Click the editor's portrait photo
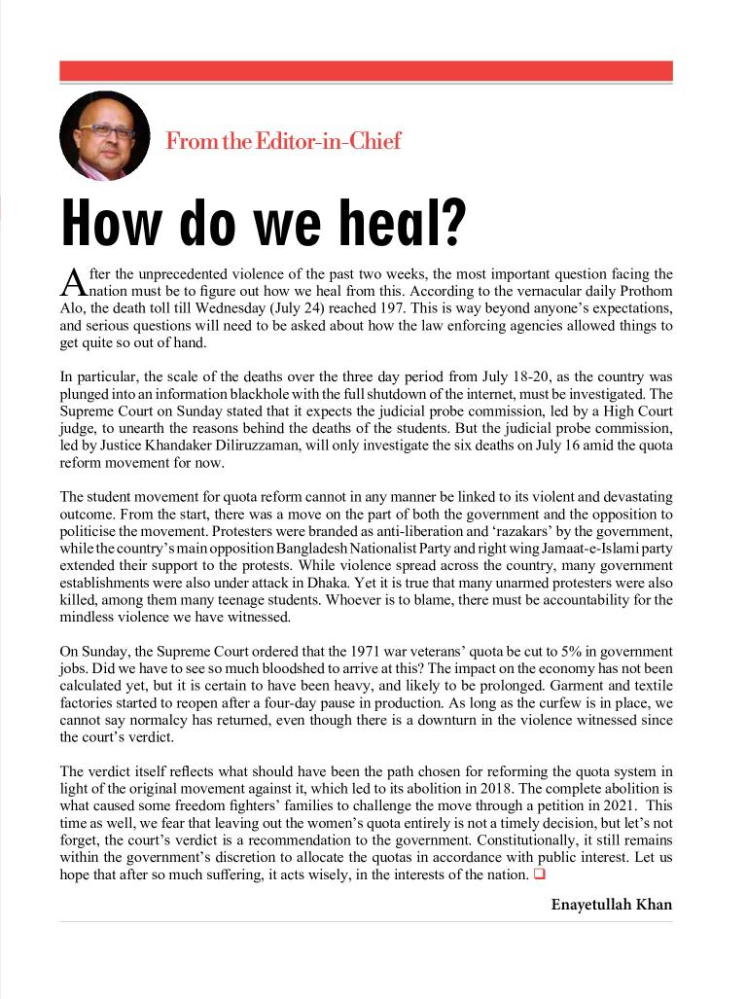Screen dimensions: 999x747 pos(104,135)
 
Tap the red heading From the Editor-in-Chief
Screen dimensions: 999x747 pos(283,141)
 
